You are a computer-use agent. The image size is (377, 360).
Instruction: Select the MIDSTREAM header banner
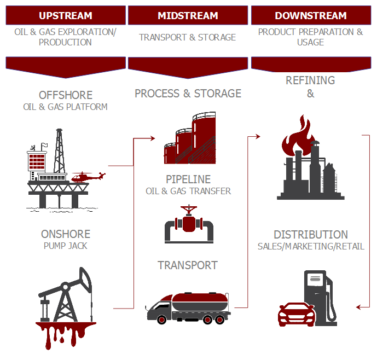pos(187,15)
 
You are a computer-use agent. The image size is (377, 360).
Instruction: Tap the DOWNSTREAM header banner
pos(310,15)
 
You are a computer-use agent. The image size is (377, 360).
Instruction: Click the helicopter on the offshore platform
pos(88,177)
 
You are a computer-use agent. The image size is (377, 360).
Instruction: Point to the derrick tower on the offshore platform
pos(59,150)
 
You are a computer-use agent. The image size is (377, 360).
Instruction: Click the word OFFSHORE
pos(65,95)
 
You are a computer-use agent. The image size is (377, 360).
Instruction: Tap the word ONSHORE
pos(65,234)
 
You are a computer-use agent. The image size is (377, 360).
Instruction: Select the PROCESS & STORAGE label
pos(188,94)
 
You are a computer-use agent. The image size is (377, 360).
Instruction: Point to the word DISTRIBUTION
pos(310,234)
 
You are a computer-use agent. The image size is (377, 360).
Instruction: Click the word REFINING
pos(310,80)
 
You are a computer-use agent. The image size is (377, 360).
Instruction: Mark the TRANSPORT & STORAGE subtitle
pos(187,37)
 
